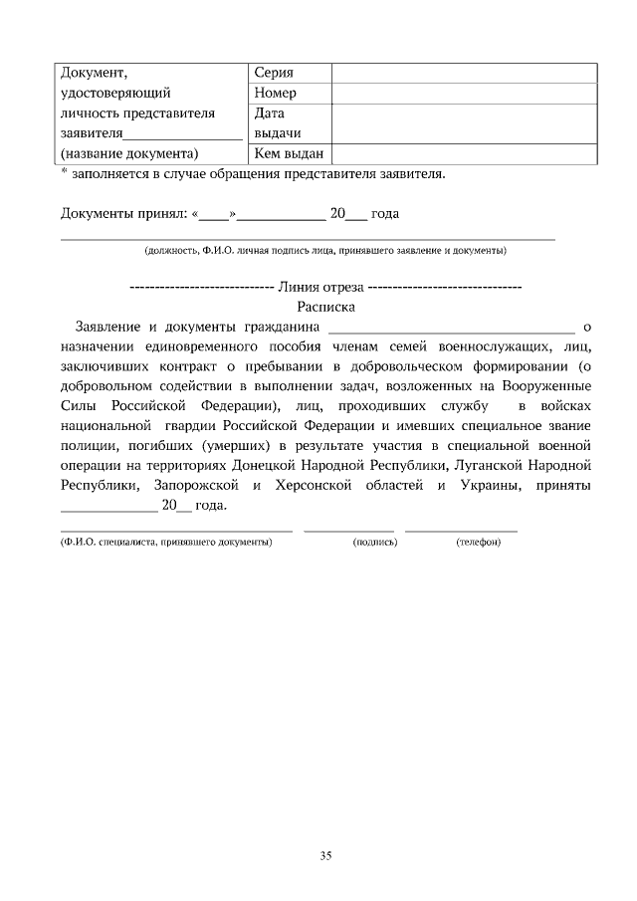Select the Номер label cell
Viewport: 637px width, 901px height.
pos(276,94)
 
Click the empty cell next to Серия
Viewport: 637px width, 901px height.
pos(464,74)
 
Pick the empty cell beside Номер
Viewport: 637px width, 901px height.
pos(464,94)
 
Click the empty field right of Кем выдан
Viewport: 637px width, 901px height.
pos(464,153)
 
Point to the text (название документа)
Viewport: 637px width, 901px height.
pos(129,153)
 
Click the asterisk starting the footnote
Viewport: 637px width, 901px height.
pos(64,172)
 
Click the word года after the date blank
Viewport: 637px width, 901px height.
pos(385,214)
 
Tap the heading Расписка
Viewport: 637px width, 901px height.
pos(325,307)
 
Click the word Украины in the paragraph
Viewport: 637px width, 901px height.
pos(485,485)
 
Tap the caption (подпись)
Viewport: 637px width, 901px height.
pos(375,543)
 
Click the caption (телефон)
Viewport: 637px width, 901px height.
pos(478,543)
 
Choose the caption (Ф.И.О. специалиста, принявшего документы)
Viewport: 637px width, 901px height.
pos(166,543)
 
